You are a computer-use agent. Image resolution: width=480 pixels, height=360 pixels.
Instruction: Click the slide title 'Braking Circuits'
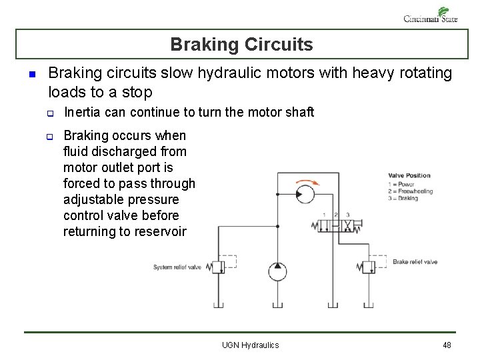241,45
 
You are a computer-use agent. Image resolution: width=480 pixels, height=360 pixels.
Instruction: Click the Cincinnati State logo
431,15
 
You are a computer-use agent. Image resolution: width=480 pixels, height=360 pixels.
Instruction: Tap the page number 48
447,345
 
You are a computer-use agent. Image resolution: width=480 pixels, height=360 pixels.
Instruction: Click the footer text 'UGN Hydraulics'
250,345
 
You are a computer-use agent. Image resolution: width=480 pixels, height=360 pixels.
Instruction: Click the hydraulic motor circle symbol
305,195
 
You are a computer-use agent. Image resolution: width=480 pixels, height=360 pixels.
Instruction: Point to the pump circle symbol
277,271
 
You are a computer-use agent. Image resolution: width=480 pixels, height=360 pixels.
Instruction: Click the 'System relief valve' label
177,267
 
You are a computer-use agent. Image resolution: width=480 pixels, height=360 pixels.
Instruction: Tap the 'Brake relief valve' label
415,262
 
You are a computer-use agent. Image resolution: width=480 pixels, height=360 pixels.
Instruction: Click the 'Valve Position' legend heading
409,176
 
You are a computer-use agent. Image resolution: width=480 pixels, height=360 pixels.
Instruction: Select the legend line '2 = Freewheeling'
410,191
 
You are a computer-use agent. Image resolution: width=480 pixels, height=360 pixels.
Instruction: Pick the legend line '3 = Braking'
403,199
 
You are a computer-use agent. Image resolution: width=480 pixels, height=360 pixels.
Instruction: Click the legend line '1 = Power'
401,184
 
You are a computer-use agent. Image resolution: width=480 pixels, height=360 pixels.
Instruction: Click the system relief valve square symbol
217,267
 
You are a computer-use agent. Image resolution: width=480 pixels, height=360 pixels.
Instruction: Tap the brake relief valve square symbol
367,267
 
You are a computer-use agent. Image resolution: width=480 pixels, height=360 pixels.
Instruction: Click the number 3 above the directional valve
348,215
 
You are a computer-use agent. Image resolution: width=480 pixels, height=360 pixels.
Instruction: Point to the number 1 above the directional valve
325,215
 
